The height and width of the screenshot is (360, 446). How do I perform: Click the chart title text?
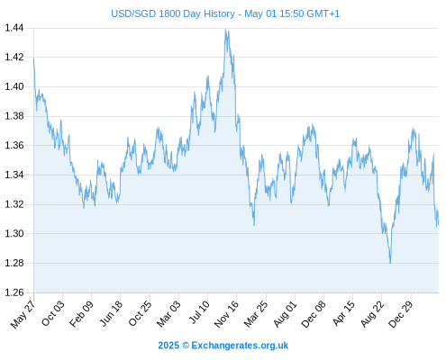coord(225,13)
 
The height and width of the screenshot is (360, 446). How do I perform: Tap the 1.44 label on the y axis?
coord(14,28)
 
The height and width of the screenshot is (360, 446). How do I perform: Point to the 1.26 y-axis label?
coord(14,292)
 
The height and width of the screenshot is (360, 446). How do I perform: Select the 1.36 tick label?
coord(14,146)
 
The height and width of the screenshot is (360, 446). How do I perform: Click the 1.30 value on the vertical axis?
coord(14,233)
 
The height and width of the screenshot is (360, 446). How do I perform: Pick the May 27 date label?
coord(23,314)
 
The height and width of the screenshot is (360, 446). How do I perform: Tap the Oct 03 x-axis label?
coord(53,313)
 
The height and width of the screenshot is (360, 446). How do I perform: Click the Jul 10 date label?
coord(199,312)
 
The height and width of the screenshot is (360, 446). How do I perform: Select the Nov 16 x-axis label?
coord(226,314)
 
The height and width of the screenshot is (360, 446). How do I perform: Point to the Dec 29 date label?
coord(401,314)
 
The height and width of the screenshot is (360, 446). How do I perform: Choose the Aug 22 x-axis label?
coord(372,314)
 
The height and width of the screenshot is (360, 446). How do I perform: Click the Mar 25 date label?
coord(256,314)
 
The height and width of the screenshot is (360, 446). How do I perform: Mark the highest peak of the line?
coord(225,30)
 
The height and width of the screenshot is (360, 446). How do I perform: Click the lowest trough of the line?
coord(390,263)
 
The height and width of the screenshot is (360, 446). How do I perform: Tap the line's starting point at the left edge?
coord(33,58)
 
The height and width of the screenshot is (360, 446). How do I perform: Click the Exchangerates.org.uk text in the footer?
coord(240,346)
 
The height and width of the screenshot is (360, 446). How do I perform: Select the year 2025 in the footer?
coord(168,346)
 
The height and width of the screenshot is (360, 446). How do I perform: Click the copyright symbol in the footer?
coord(186,346)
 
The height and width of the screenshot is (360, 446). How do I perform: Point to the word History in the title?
coord(218,13)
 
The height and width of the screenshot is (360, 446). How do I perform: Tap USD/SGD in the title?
coord(133,13)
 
